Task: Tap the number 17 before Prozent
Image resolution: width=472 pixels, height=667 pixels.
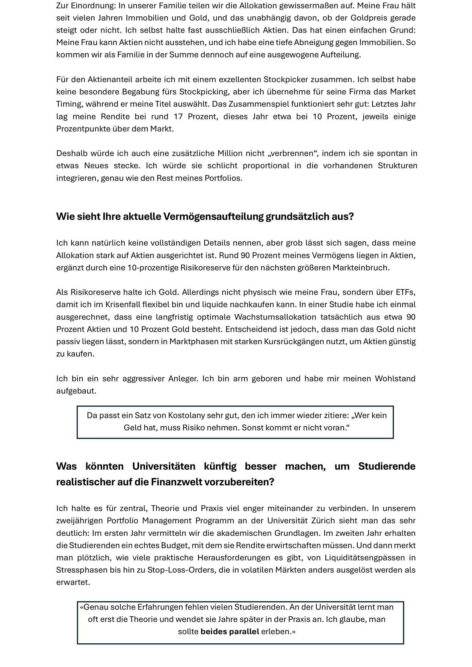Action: coord(178,117)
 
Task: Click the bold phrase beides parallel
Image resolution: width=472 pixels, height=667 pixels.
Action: coord(230,632)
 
